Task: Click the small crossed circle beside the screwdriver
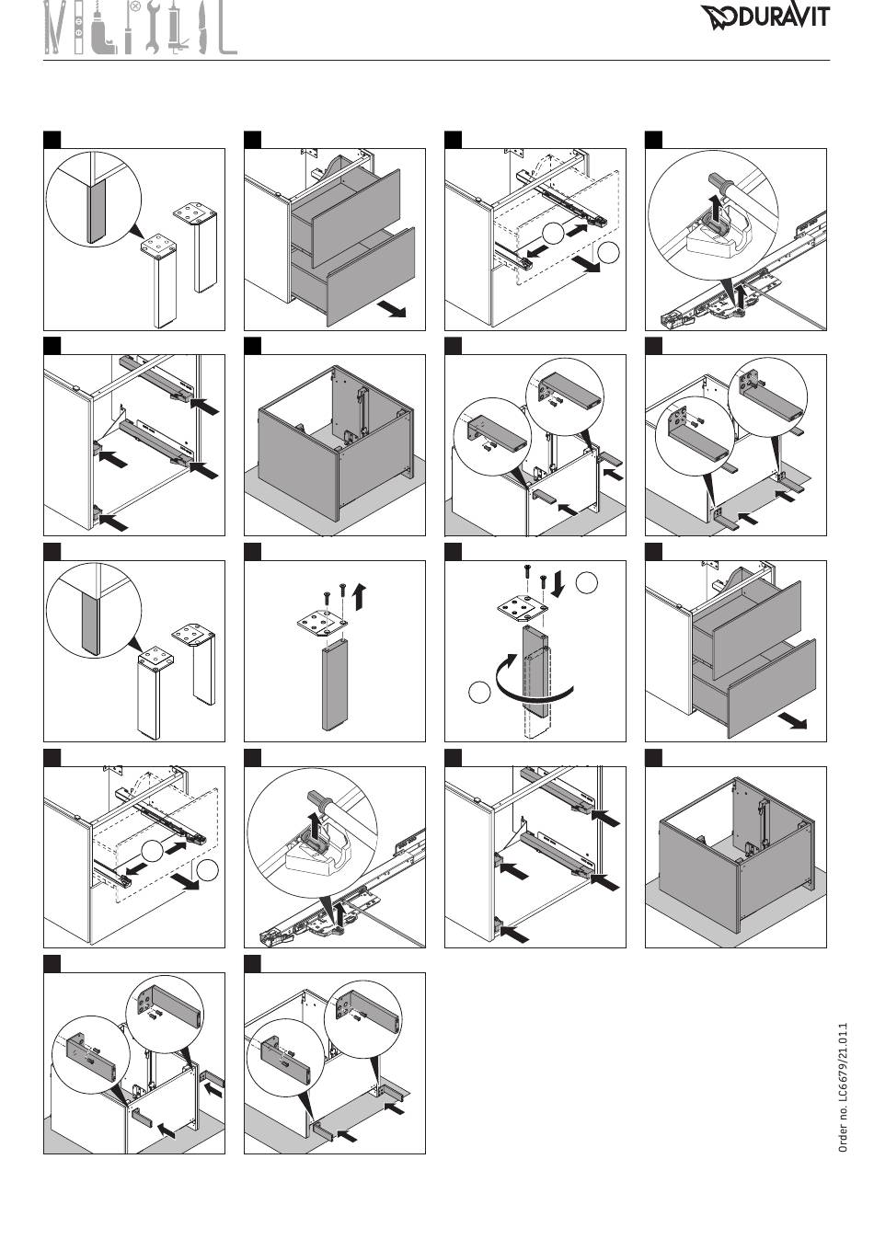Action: [135, 7]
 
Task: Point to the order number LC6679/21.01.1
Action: [843, 1087]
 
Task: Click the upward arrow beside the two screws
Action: [361, 596]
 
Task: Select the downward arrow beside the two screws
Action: [558, 584]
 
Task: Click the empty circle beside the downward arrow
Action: [586, 582]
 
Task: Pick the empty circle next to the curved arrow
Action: [479, 692]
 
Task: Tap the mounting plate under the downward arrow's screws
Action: [523, 608]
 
